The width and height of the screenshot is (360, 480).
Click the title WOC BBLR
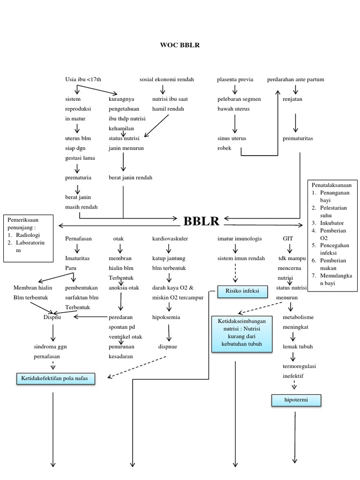coord(180,45)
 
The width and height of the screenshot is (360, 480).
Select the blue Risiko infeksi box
coord(242,292)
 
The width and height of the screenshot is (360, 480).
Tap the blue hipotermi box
coord(295,400)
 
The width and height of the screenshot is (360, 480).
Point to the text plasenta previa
coord(235,80)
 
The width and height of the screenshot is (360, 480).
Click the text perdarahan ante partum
coord(295,80)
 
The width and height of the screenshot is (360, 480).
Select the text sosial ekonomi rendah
coord(166,80)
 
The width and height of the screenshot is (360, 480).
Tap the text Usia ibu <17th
coord(83,80)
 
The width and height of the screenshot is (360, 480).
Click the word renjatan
coord(292,99)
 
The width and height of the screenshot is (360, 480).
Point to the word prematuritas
coord(298,139)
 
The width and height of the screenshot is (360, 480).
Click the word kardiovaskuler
coord(170,239)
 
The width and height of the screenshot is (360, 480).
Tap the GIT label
coord(288,239)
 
